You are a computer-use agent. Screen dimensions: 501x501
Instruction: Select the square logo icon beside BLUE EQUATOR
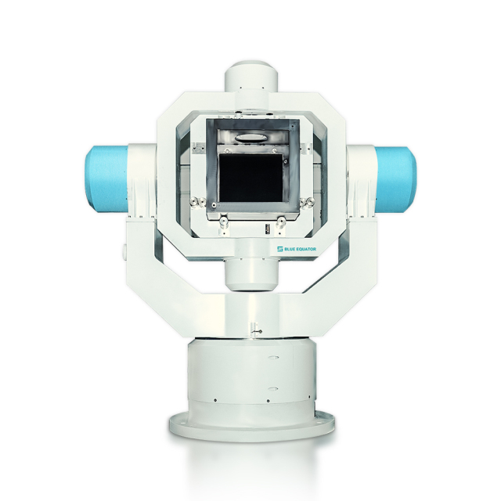[280, 249]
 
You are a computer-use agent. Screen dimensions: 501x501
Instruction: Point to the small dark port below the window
[267, 229]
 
